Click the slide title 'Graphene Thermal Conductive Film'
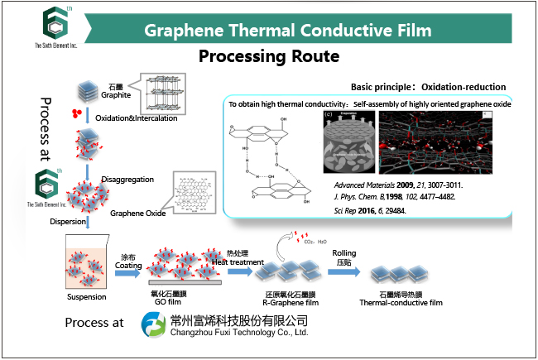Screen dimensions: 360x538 [x=287, y=31]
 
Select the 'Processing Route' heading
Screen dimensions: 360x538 [x=269, y=57]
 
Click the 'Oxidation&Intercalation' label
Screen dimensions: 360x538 [x=133, y=118]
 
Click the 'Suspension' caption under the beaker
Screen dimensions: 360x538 [x=86, y=296]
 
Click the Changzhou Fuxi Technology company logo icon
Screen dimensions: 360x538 [x=155, y=326]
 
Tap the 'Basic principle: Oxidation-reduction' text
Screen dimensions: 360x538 [x=428, y=87]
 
